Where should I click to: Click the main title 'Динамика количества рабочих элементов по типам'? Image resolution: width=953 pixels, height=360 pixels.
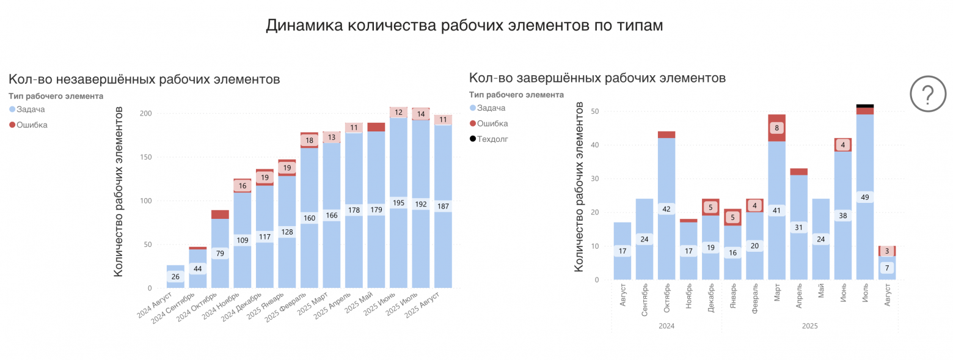coord(464,26)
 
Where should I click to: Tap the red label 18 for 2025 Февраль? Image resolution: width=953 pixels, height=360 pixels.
coord(309,141)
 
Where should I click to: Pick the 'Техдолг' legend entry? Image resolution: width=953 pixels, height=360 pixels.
coord(492,139)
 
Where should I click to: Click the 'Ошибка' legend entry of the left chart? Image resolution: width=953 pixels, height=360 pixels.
coord(32,125)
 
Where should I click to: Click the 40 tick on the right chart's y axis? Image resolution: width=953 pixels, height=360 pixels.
coord(595,145)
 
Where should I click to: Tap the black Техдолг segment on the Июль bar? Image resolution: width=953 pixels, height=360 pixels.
coord(865,106)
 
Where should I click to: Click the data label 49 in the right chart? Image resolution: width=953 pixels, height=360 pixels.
coord(865,197)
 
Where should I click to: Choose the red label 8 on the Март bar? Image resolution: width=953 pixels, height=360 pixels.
coord(776,128)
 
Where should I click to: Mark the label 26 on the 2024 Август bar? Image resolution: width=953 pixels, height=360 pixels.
coord(175,277)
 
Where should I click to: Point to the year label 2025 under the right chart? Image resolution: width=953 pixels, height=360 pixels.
coord(809,326)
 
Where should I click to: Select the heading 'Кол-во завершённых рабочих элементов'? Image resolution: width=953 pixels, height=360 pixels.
coord(597,78)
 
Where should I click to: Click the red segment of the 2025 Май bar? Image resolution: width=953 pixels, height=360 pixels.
coord(376,127)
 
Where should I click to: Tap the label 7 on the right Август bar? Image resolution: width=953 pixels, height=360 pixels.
coord(887,268)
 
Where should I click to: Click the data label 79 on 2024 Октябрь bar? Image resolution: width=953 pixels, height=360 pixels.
coord(220,253)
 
